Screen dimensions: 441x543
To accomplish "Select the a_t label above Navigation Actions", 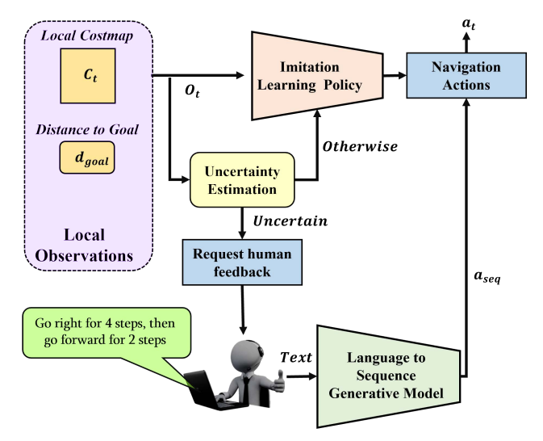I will [468, 25].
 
